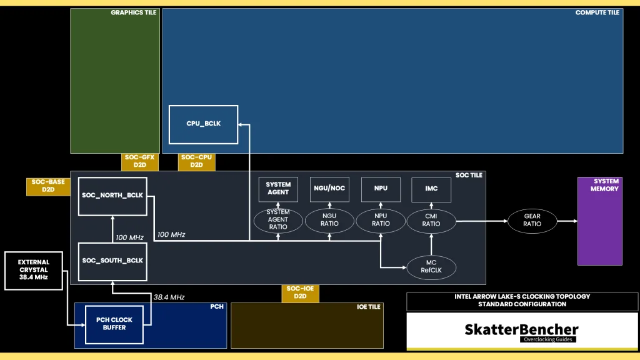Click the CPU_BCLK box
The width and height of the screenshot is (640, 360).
(x=203, y=124)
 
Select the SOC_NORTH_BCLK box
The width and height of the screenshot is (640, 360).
(x=112, y=196)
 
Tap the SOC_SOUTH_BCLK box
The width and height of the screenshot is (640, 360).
(x=112, y=261)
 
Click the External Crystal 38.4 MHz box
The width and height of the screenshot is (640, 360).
(x=34, y=270)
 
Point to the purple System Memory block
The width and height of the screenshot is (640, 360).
(x=599, y=221)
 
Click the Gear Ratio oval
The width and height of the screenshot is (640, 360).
(x=532, y=221)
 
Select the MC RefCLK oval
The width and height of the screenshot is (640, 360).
(x=431, y=267)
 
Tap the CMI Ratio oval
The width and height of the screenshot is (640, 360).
(x=431, y=220)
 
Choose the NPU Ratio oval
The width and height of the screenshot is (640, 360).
(x=381, y=220)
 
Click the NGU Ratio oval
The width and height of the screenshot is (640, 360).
(x=329, y=220)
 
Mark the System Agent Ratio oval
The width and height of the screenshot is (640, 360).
(x=278, y=220)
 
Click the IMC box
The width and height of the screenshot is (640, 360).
(x=431, y=189)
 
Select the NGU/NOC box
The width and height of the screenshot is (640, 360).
(x=329, y=189)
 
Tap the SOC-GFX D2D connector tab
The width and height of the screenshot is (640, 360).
(x=139, y=161)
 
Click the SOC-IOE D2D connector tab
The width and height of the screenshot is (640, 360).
(x=301, y=292)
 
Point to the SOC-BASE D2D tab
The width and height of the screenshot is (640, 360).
(x=48, y=186)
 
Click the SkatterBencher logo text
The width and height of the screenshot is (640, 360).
(x=521, y=329)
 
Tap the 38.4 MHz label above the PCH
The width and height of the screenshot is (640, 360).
(x=169, y=297)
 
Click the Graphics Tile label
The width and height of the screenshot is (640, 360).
(x=134, y=12)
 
